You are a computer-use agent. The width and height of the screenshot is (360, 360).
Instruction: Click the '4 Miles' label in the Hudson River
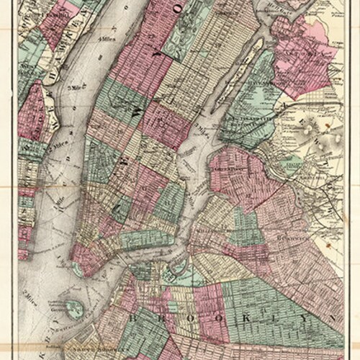click(x=109, y=37)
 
